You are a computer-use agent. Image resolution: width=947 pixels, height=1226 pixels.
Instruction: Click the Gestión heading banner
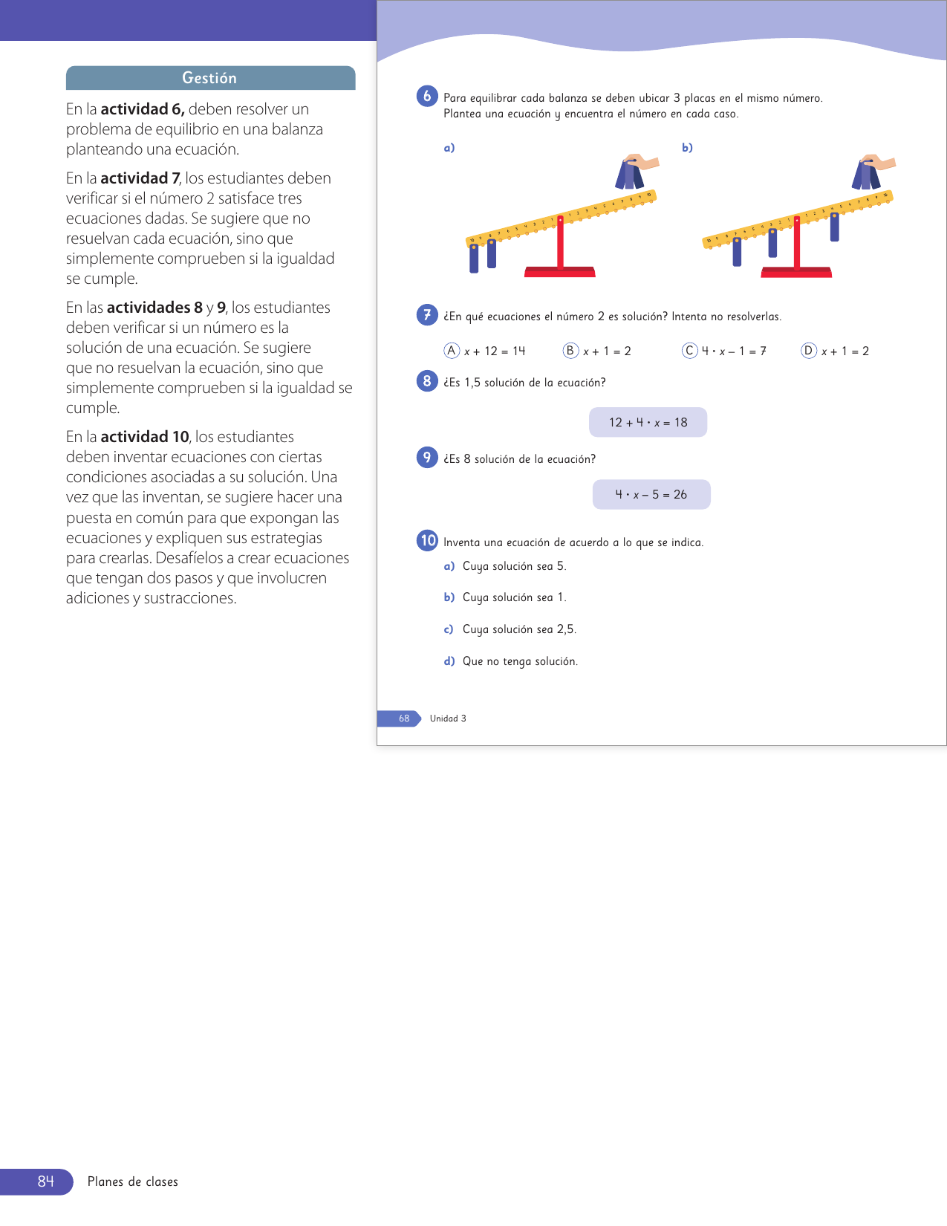click(210, 78)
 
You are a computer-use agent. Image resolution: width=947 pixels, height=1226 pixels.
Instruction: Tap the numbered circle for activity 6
click(427, 96)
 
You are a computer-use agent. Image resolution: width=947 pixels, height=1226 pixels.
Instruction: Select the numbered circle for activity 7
click(427, 315)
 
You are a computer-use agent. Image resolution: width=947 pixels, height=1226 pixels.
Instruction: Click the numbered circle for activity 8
click(427, 381)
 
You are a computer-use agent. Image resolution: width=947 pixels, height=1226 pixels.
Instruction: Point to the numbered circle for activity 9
click(427, 457)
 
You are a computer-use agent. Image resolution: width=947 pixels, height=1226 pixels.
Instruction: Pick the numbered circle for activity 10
click(427, 540)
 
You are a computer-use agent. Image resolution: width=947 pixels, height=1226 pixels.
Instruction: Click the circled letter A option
click(452, 351)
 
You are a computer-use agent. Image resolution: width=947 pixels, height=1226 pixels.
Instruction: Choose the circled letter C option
click(690, 351)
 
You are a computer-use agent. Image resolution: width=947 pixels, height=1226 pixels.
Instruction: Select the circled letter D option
click(809, 351)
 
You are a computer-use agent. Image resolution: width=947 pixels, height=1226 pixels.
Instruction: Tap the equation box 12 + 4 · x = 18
click(648, 422)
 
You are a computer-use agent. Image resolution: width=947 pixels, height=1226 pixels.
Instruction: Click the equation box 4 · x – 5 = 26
click(651, 494)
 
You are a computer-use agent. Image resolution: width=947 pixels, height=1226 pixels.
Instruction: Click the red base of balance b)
click(796, 272)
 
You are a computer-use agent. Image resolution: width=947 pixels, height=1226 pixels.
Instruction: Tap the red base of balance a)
click(560, 272)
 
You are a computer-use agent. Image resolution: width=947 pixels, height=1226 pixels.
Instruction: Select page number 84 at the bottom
click(45, 1181)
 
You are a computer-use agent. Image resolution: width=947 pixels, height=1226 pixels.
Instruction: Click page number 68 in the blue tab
click(403, 719)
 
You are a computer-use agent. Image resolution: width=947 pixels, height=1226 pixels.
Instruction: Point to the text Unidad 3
click(448, 719)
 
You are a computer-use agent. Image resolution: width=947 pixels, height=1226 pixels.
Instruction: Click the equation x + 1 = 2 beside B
click(607, 351)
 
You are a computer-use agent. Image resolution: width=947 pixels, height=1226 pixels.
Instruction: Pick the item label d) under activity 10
click(449, 661)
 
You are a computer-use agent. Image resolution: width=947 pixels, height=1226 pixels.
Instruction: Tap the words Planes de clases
click(133, 1181)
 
